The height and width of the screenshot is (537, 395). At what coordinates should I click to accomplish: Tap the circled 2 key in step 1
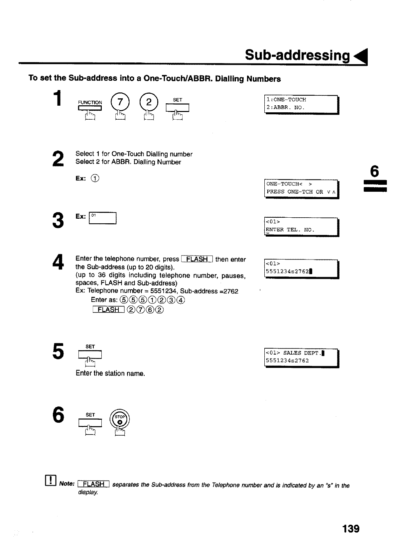(148, 101)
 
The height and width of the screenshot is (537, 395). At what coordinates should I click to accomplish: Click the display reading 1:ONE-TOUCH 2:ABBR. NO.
(301, 104)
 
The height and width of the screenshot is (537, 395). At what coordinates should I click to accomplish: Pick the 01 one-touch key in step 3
(102, 218)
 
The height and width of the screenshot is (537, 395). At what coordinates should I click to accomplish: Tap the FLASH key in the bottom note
(94, 484)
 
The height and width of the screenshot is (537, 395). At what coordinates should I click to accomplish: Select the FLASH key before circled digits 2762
(109, 310)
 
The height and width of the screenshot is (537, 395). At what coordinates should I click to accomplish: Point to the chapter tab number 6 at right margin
(374, 172)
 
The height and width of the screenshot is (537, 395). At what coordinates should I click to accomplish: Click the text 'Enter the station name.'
(110, 374)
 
